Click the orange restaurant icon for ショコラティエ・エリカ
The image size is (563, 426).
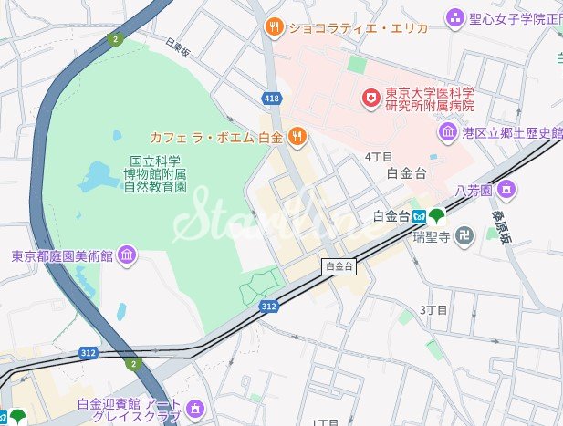coord(273,27)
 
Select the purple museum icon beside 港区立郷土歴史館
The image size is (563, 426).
coord(448,133)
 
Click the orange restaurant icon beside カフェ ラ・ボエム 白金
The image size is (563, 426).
coord(297,138)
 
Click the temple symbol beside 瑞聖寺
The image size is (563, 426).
coord(465,235)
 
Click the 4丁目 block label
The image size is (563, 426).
coord(378,157)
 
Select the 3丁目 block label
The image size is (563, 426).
coord(433,310)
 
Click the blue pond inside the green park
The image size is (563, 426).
coord(99,174)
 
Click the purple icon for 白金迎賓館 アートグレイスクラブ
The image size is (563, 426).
coord(193,407)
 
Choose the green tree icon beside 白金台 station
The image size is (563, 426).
coord(437,216)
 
